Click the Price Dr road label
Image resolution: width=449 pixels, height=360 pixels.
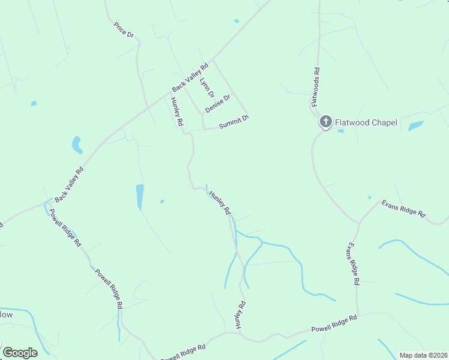(124, 30)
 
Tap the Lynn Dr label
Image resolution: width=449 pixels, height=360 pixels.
(206, 88)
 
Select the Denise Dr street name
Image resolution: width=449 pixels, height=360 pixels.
(217, 104)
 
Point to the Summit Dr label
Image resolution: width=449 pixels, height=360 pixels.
(234, 122)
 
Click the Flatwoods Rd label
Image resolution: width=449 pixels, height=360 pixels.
(315, 88)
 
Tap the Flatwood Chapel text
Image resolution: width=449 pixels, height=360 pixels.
(366, 122)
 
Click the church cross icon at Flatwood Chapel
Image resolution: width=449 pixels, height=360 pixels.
(325, 122)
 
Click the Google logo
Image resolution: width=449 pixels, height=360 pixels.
(20, 353)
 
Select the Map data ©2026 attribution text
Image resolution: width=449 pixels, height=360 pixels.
(423, 355)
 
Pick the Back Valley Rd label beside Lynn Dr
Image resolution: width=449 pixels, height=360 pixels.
(189, 77)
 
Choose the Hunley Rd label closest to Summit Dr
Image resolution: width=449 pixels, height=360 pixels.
(176, 112)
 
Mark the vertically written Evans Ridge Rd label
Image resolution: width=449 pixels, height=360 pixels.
(352, 264)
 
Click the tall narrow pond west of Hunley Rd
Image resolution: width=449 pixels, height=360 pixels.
(140, 197)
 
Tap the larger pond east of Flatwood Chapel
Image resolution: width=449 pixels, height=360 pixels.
(415, 126)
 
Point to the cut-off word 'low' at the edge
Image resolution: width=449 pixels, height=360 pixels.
(6, 314)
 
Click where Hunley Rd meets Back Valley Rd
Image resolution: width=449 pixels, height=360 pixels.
(170, 93)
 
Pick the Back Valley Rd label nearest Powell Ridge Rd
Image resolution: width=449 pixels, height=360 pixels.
(68, 185)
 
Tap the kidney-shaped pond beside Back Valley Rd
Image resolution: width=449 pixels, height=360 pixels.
(77, 145)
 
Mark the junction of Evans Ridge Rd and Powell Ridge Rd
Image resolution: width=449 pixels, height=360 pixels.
(357, 316)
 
